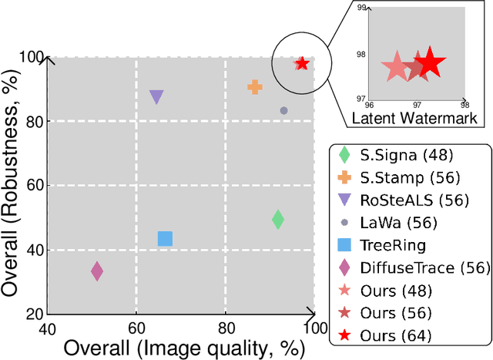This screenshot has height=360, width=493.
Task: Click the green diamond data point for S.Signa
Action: point(278,220)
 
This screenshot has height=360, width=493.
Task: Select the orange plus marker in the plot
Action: point(255,88)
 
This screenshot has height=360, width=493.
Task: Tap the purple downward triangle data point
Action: point(156,97)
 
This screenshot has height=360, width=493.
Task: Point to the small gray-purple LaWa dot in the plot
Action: point(283,111)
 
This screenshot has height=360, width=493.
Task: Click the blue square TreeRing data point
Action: point(165,239)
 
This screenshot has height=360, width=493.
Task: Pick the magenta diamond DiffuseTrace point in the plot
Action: point(97,271)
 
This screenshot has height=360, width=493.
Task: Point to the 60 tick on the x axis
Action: point(136,327)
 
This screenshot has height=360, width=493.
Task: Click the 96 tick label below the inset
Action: point(369,105)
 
